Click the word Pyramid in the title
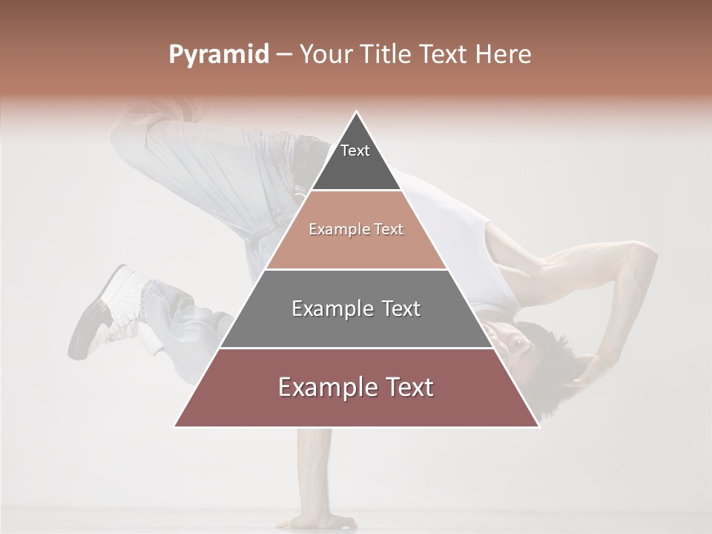(218, 55)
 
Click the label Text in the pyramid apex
(355, 151)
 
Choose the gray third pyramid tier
(356, 326)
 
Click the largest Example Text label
(356, 387)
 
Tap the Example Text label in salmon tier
(356, 229)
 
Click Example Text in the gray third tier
(356, 309)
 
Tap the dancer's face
(512, 337)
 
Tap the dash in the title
(284, 55)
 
